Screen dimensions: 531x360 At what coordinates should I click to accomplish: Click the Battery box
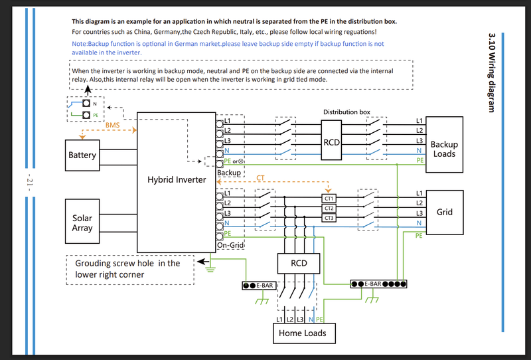(82, 155)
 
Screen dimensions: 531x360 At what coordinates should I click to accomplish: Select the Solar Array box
(82, 221)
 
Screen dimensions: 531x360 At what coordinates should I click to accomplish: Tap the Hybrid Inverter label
(177, 179)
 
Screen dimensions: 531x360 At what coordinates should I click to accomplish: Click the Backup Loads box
(444, 145)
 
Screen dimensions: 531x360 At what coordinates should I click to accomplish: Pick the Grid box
(445, 212)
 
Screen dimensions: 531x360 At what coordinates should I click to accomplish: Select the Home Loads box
(304, 333)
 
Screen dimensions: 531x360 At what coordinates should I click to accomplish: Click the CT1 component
(329, 199)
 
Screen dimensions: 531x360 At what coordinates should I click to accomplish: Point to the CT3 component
(329, 218)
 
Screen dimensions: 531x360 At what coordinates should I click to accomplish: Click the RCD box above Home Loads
(299, 264)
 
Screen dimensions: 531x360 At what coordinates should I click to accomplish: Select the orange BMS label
(112, 125)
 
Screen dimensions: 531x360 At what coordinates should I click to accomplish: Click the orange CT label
(260, 177)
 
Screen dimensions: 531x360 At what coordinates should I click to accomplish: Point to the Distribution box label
(346, 112)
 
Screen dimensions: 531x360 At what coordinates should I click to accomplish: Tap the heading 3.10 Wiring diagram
(492, 72)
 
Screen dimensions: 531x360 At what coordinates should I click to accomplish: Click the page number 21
(29, 183)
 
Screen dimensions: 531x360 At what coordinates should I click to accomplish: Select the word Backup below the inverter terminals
(229, 173)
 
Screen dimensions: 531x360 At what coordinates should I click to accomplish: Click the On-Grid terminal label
(230, 245)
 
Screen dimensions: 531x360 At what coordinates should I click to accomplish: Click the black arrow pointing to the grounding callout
(203, 261)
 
